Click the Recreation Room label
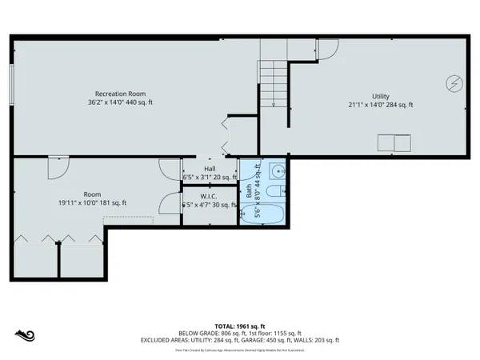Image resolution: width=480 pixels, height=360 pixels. tap(120, 94)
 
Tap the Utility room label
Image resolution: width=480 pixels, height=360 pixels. tap(380, 95)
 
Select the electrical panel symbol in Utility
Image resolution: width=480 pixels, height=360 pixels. tap(454, 82)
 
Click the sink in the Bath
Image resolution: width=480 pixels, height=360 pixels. tap(277, 170)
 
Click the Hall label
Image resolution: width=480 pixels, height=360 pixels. tap(210, 169)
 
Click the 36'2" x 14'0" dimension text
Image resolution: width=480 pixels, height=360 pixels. tap(120, 102)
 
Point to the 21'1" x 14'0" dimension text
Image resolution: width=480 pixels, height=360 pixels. tap(380, 104)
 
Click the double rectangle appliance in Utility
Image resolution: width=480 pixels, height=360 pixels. tap(394, 143)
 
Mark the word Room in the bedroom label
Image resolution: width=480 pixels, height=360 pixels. tap(92, 194)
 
